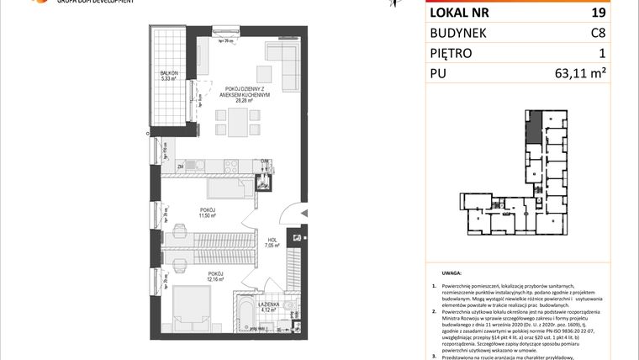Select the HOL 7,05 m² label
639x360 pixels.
272,242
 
